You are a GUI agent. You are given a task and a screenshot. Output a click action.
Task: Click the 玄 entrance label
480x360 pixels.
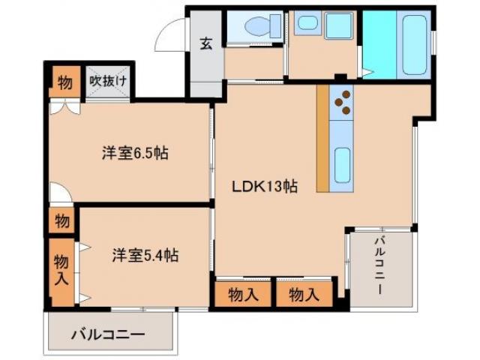point(205,43)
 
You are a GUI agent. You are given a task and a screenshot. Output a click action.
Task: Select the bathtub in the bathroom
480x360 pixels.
point(412,43)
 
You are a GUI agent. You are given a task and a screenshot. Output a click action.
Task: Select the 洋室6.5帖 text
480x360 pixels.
point(135,154)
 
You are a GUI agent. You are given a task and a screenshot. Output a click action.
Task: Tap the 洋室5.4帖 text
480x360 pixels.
point(145,255)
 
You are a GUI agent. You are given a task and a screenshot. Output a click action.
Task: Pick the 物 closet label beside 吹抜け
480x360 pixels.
point(65,82)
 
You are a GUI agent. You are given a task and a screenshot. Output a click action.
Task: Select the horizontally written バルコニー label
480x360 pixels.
point(108,334)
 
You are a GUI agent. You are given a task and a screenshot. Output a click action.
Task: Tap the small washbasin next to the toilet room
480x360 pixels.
point(307,22)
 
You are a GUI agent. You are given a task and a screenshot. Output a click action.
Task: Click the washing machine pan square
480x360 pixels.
point(338,27)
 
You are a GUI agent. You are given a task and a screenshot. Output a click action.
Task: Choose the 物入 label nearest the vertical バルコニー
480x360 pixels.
point(304,295)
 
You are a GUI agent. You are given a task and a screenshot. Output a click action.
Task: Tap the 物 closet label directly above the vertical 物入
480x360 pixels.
point(63,221)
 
